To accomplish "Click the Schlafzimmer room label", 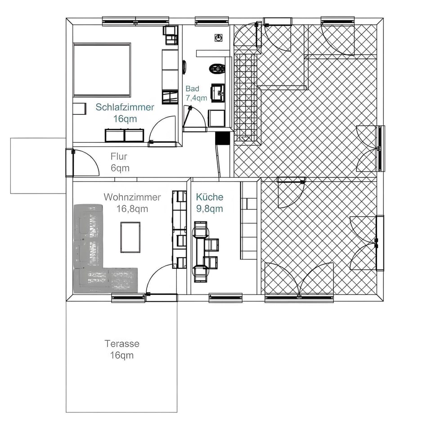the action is pyautogui.click(x=125, y=107).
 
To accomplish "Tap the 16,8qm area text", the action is pyautogui.click(x=132, y=209).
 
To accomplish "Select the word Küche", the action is pyautogui.click(x=210, y=197).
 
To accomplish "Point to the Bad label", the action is pyautogui.click(x=192, y=89).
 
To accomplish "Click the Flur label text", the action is pyautogui.click(x=119, y=156).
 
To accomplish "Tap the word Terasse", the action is pyautogui.click(x=122, y=344).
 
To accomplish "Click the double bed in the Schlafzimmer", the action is pyautogui.click(x=102, y=70).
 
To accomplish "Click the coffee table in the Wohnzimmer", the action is pyautogui.click(x=130, y=237).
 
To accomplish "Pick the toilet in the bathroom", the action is pyautogui.click(x=217, y=68).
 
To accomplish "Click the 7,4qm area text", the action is pyautogui.click(x=196, y=98).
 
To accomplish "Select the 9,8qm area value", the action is pyautogui.click(x=210, y=209).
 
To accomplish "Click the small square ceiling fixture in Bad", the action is pyautogui.click(x=219, y=38).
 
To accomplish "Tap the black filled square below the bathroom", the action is pyautogui.click(x=223, y=138).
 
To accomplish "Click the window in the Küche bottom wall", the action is pyautogui.click(x=225, y=298).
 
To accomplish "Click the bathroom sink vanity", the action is pyautogui.click(x=218, y=93).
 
